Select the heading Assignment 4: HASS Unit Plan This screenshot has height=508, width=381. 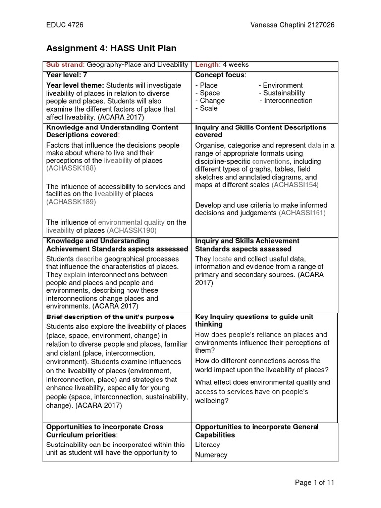(111, 48)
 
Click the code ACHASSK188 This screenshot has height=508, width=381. (70, 169)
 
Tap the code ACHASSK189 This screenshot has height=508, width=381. (70, 202)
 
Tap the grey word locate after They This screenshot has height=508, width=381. (222, 259)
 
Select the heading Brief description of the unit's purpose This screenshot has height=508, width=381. (110, 317)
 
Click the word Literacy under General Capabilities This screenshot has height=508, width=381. (208, 445)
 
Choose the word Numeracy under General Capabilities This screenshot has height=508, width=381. (211, 455)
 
